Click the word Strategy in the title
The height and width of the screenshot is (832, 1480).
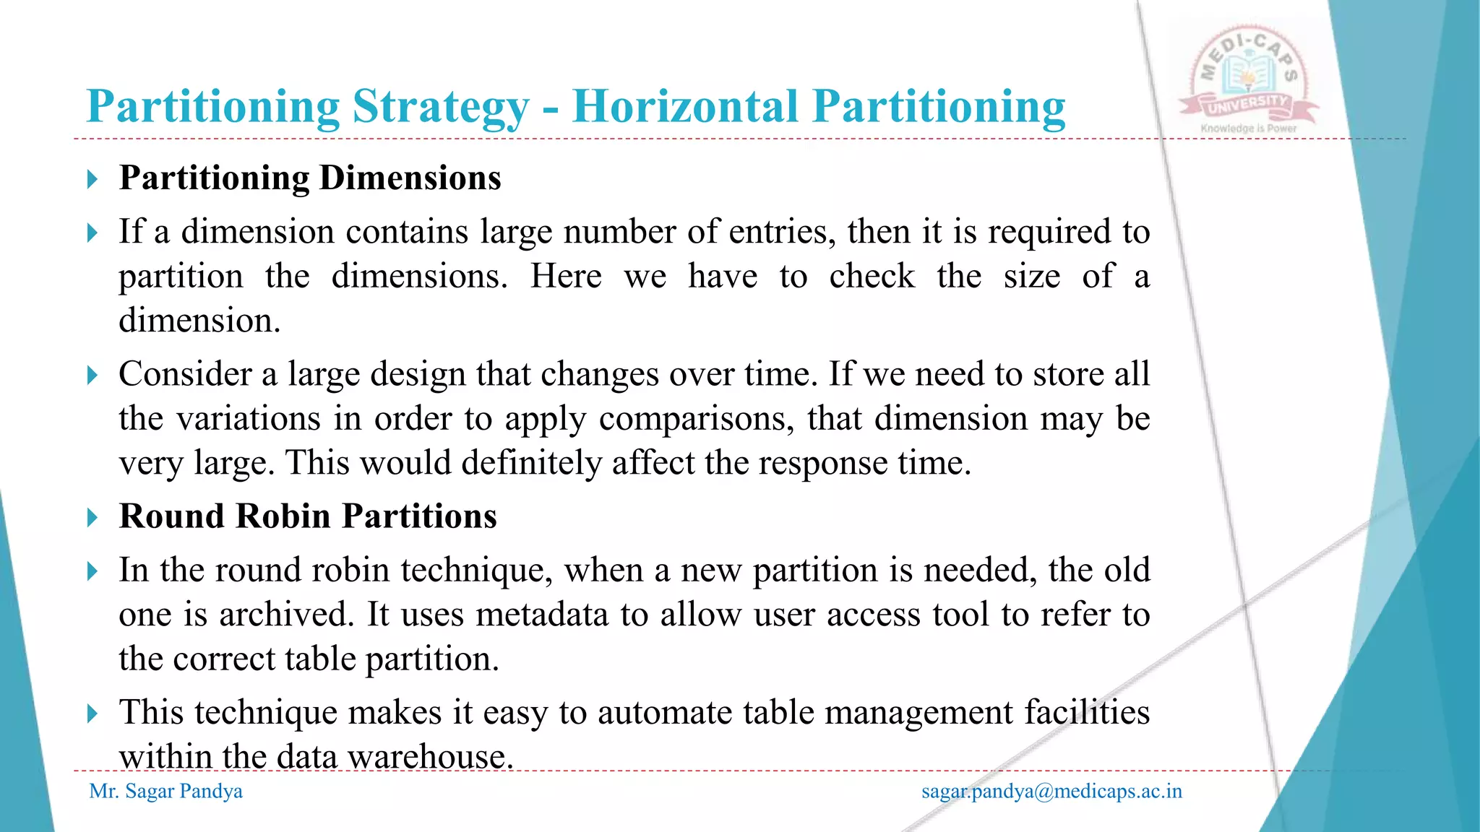click(440, 108)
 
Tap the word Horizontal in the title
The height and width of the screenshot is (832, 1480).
click(684, 107)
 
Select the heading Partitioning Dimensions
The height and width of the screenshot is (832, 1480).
click(310, 178)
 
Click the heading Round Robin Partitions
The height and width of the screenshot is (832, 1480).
click(308, 516)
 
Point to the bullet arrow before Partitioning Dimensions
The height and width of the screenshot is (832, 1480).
click(92, 179)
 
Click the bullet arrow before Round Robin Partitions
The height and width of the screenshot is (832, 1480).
click(92, 517)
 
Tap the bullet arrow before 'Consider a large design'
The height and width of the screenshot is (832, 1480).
click(92, 375)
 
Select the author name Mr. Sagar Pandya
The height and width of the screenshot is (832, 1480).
click(166, 792)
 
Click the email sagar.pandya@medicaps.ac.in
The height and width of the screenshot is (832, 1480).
click(1051, 792)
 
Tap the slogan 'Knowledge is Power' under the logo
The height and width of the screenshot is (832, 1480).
click(1249, 129)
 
